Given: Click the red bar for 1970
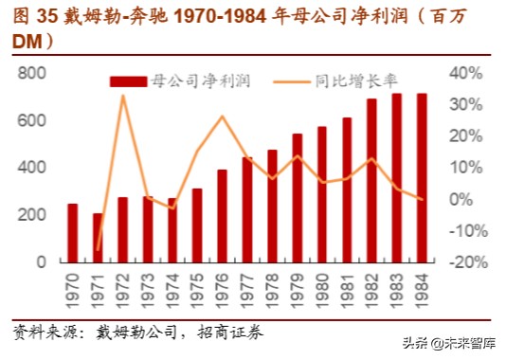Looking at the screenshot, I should (72, 232).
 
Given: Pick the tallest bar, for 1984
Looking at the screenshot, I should (421, 177).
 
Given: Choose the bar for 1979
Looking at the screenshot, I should (297, 197).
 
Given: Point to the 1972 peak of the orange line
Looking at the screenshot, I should (123, 96).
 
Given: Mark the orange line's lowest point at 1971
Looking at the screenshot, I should (98, 250).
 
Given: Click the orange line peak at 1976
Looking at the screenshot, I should (222, 117).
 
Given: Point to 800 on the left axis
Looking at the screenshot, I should (32, 74).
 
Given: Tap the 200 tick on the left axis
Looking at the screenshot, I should (32, 215).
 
